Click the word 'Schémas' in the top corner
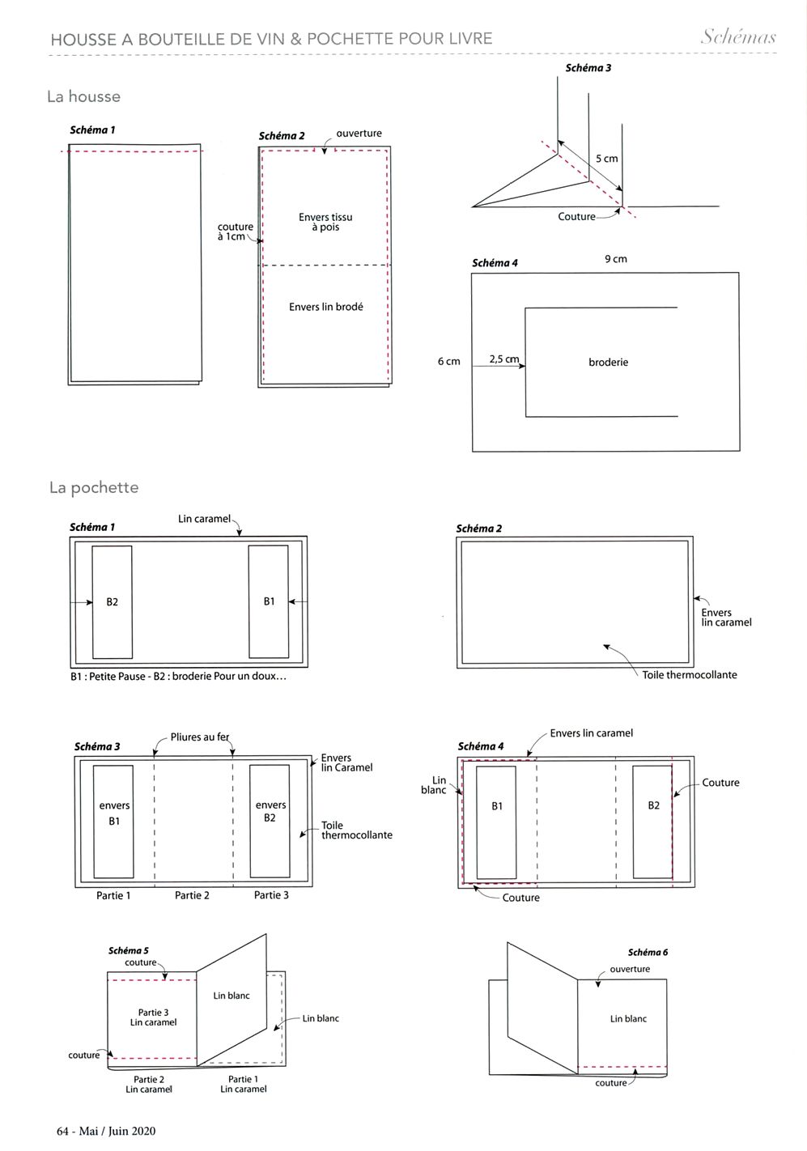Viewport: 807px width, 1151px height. pyautogui.click(x=738, y=36)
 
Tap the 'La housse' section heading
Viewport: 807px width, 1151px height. pyautogui.click(x=83, y=96)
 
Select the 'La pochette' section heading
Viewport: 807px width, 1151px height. pyautogui.click(x=94, y=487)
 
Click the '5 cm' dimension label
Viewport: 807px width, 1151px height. pyautogui.click(x=606, y=159)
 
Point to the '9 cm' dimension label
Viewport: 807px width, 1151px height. pyautogui.click(x=615, y=259)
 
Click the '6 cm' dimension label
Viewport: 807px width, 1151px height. pyautogui.click(x=449, y=362)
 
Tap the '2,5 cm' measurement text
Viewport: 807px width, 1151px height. pyautogui.click(x=504, y=359)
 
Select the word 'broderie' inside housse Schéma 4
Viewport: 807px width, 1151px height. pyautogui.click(x=608, y=363)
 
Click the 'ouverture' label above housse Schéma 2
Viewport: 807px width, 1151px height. pyautogui.click(x=359, y=133)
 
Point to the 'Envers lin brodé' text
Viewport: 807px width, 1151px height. pyautogui.click(x=325, y=307)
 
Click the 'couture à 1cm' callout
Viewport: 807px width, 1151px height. pyautogui.click(x=235, y=231)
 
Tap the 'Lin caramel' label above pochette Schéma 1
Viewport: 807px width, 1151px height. pyautogui.click(x=205, y=519)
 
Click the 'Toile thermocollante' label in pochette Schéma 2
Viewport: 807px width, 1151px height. pyautogui.click(x=690, y=675)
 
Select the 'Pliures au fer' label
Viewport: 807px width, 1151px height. pyautogui.click(x=200, y=737)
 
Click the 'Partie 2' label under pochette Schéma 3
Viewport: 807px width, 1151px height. pyautogui.click(x=192, y=895)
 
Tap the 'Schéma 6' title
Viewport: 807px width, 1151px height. pyautogui.click(x=648, y=952)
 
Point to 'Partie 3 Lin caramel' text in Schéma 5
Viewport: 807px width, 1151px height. pyautogui.click(x=153, y=1017)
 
